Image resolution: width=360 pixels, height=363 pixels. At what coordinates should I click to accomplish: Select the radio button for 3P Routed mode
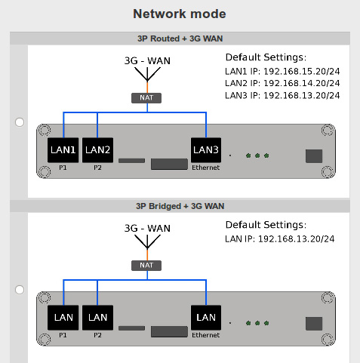tap(20, 122)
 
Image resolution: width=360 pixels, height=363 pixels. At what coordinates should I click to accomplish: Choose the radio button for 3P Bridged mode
tap(20, 290)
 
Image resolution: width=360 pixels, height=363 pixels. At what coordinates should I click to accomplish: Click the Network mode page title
tap(180, 14)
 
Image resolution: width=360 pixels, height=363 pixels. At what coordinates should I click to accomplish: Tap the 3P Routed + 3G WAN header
tap(180, 38)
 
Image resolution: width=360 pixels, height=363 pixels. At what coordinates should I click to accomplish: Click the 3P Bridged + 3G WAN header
tap(180, 206)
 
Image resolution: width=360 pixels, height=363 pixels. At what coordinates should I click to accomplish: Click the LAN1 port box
tap(63, 150)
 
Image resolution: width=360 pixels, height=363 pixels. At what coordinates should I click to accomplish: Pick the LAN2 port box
tap(97, 150)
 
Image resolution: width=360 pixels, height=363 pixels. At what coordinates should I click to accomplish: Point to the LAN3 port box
tap(206, 150)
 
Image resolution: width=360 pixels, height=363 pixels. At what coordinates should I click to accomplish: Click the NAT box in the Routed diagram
tap(146, 98)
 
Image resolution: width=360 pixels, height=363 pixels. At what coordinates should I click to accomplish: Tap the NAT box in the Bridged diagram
tap(146, 266)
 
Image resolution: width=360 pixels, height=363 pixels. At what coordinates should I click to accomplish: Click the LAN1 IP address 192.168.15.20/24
tap(301, 72)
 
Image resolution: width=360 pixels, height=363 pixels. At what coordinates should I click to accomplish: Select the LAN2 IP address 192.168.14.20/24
tap(301, 83)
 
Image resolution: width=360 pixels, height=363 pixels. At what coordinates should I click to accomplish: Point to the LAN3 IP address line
tap(282, 96)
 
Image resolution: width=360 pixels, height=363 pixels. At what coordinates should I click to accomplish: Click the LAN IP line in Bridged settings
tap(280, 238)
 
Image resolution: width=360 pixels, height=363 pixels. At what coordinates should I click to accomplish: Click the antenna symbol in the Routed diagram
tap(147, 74)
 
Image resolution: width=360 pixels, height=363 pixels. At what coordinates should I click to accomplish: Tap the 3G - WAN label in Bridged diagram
tap(147, 228)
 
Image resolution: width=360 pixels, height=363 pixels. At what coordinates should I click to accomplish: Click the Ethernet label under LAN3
tap(206, 168)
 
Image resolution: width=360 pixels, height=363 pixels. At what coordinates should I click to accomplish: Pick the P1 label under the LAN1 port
tap(63, 168)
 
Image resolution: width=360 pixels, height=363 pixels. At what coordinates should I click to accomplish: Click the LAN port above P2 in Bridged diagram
tap(97, 318)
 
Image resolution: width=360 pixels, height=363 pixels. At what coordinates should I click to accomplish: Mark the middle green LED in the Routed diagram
tap(257, 155)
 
